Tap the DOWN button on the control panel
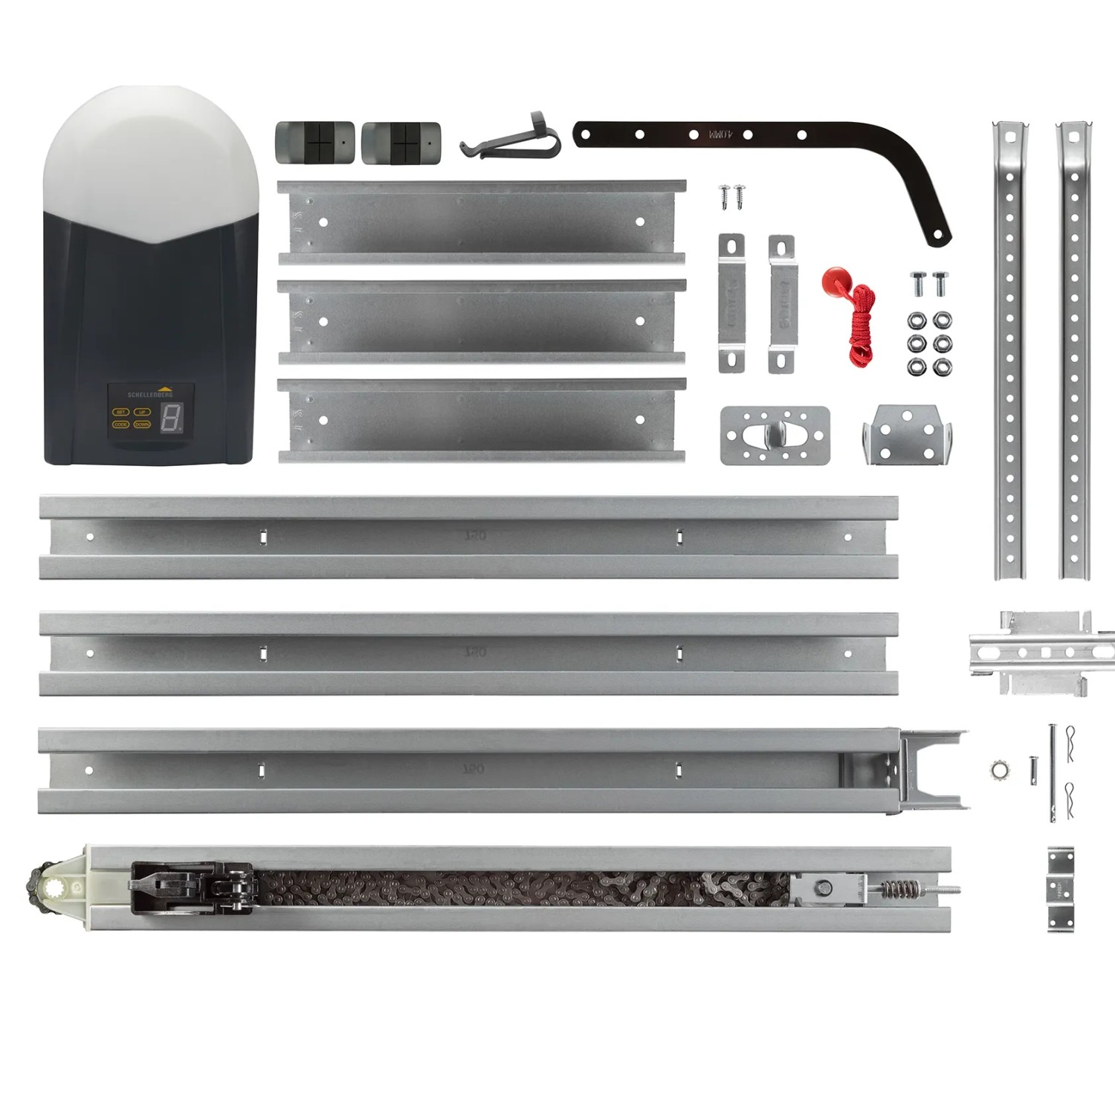pyautogui.click(x=142, y=424)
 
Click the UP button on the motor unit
pyautogui.click(x=142, y=412)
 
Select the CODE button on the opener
pyautogui.click(x=120, y=424)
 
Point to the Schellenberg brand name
pyautogui.click(x=150, y=395)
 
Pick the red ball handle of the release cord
pyautogui.click(x=836, y=281)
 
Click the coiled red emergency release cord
pyautogui.click(x=862, y=327)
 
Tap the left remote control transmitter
pyautogui.click(x=314, y=143)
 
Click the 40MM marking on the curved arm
pyautogui.click(x=720, y=135)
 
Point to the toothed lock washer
pyautogui.click(x=1000, y=769)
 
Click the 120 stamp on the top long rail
pyautogui.click(x=475, y=535)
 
